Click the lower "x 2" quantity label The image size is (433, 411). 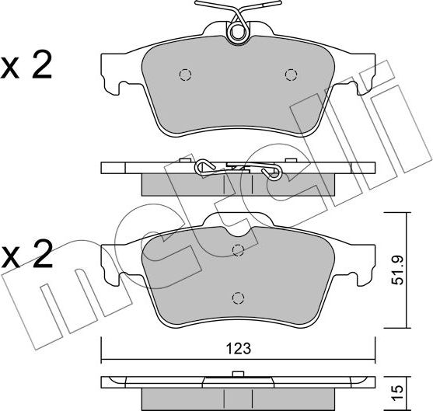[x=28, y=254]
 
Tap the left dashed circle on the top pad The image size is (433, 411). [x=185, y=75]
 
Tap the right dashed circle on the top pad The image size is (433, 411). [x=291, y=75]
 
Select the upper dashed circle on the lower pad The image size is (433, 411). [x=238, y=249]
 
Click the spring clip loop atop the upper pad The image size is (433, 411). [x=237, y=31]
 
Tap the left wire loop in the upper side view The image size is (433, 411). [x=204, y=165]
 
